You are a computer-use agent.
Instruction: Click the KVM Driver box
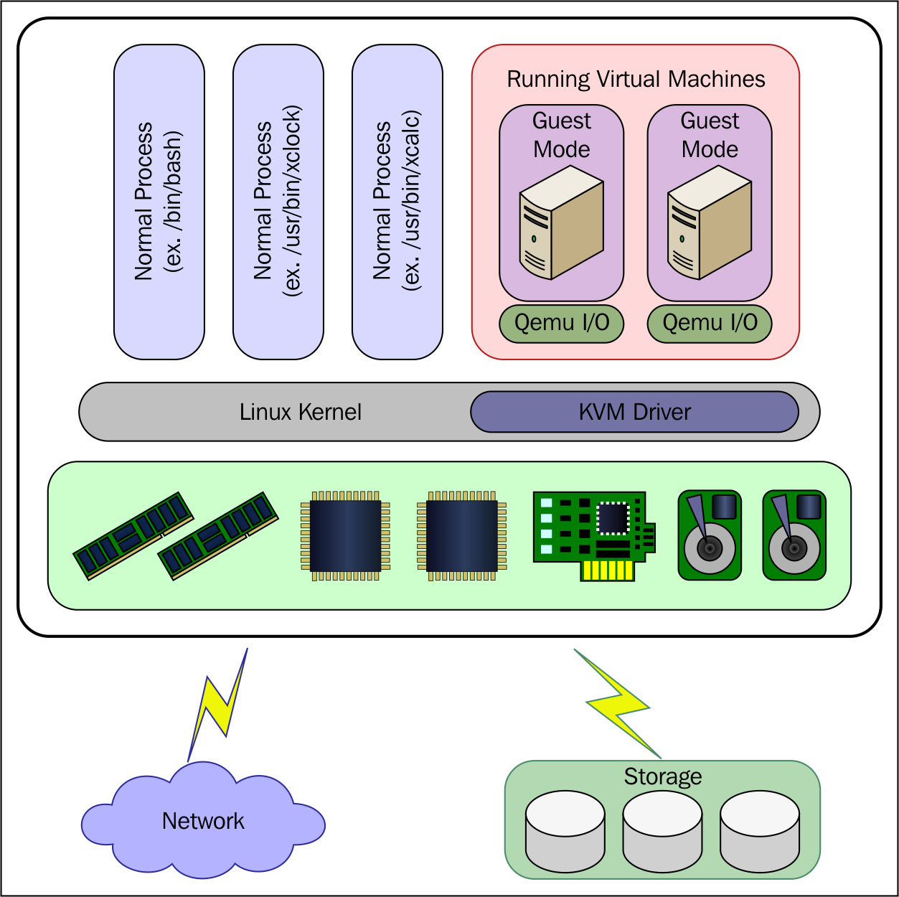click(x=634, y=412)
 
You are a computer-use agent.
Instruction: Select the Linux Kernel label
click(x=301, y=412)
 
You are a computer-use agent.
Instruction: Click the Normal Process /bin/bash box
click(x=159, y=202)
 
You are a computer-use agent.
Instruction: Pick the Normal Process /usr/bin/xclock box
click(x=278, y=202)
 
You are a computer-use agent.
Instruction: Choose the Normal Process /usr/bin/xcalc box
click(x=397, y=202)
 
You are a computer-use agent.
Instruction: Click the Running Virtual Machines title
click(x=636, y=80)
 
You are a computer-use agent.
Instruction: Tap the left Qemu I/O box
click(x=561, y=324)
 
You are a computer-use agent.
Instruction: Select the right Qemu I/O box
click(x=710, y=324)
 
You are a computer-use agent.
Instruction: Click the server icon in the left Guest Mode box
click(x=561, y=222)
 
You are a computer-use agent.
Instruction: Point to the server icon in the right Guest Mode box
click(x=710, y=222)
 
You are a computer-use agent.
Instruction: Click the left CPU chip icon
click(x=345, y=536)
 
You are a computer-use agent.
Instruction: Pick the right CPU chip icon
click(x=462, y=536)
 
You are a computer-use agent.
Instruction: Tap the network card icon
click(x=594, y=536)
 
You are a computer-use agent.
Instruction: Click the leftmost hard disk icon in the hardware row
click(x=710, y=535)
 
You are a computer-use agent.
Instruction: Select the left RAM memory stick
click(x=133, y=536)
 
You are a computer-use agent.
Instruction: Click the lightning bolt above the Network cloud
click(x=217, y=705)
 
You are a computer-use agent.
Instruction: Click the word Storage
click(x=663, y=776)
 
